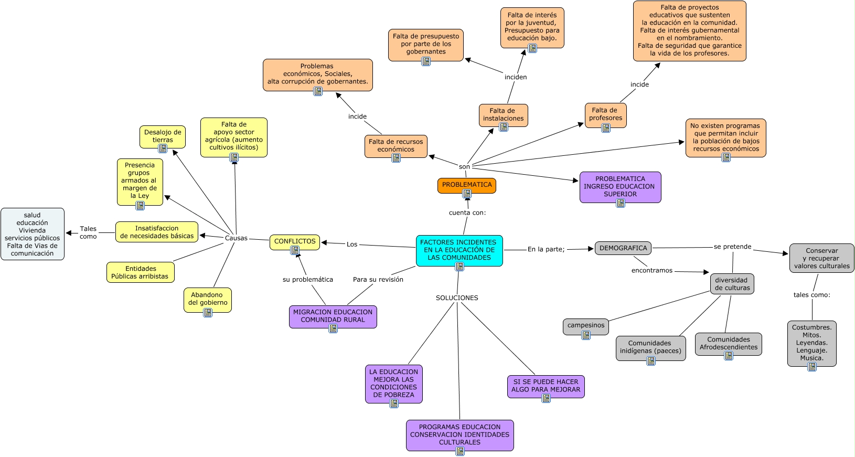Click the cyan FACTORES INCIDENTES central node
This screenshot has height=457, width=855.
pos(459,250)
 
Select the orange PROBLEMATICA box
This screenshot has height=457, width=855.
pos(466,185)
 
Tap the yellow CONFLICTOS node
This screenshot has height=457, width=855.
pos(295,241)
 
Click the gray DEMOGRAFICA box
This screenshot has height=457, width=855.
pos(623,248)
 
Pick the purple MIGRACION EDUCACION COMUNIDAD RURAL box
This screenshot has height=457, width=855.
pos(333,316)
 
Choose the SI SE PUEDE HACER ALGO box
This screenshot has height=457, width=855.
pos(546,386)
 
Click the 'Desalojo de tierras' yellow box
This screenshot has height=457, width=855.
pos(163,136)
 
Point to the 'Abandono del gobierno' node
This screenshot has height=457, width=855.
pos(208,299)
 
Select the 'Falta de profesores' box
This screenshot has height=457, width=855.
pos(605,114)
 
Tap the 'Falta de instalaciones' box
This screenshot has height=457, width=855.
pos(503,114)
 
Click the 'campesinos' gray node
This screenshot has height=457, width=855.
pos(585,325)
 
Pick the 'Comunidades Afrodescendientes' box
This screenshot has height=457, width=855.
pos(728,343)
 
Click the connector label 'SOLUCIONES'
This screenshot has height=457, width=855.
pos(457,298)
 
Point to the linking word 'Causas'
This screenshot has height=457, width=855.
pos(236,238)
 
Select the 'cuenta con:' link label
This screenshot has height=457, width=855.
pos(467,212)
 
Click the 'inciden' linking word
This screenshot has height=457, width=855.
pos(516,77)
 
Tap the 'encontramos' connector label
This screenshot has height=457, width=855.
pos(651,271)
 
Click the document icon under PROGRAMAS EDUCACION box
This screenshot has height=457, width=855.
pos(460,451)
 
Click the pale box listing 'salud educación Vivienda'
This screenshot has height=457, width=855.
pos(33,234)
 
